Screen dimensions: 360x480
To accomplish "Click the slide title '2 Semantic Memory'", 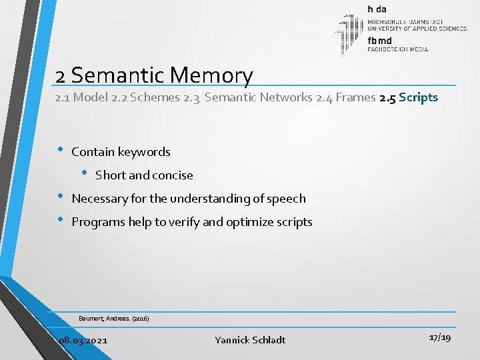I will (155, 75).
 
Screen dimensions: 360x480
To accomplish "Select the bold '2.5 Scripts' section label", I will (408, 98).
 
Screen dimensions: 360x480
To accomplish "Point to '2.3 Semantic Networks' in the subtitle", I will (259, 98).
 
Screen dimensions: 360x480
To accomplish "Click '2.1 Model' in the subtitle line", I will (93, 98).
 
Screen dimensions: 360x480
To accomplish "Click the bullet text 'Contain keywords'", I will (121, 152).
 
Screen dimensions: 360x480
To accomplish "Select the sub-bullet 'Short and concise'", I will (144, 175).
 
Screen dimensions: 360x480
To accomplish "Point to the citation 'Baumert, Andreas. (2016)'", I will (113, 319).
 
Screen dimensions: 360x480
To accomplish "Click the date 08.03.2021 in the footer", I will (83, 340).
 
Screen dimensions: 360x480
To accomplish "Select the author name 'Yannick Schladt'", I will (250, 340).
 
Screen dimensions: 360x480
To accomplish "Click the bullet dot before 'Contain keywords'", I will (61, 150).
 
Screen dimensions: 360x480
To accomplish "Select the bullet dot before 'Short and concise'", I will (85, 173).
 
